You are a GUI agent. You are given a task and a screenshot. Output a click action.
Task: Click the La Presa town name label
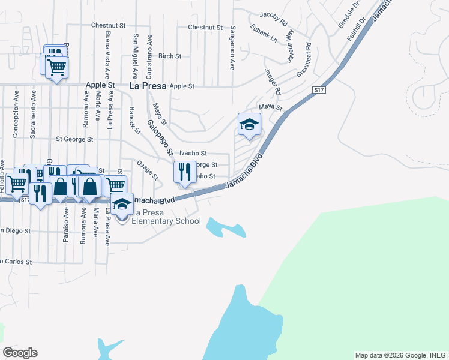[x=148, y=86]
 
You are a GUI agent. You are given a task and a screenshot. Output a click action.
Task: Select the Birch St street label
[x=170, y=56]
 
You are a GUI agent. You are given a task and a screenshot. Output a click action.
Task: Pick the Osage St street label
[x=148, y=169]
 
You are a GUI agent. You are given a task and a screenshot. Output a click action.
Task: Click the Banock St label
[x=134, y=120]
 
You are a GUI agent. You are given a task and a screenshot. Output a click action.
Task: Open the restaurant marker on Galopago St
[x=185, y=172]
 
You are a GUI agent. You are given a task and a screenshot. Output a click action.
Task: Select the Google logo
[x=20, y=353]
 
